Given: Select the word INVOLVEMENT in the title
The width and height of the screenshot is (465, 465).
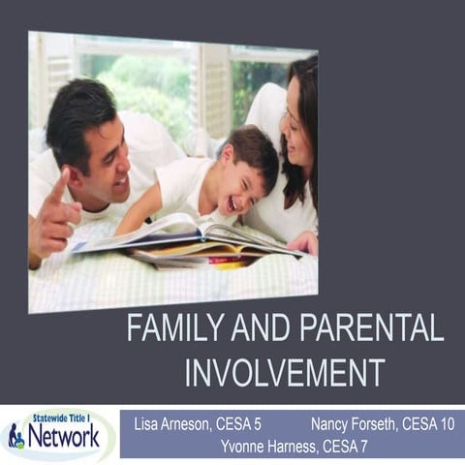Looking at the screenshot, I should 285,372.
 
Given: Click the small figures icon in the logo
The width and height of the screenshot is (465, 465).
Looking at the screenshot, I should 15,437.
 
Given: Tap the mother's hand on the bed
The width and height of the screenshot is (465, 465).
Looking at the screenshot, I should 303,242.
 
